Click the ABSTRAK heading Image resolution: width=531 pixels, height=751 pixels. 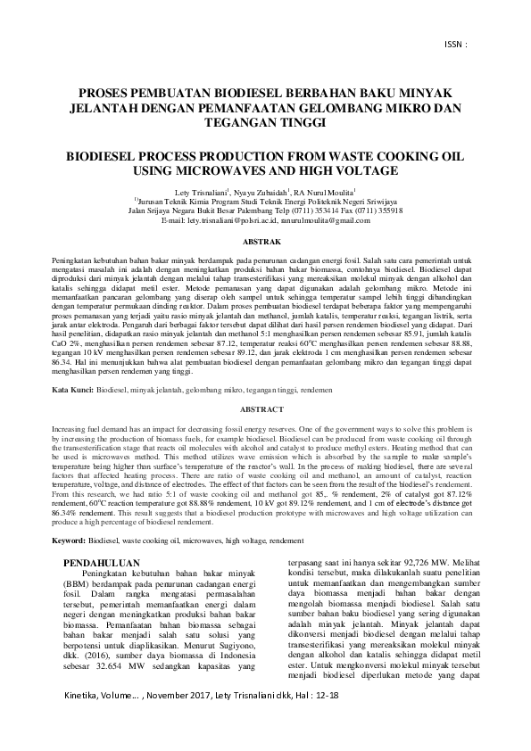tap(264, 241)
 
